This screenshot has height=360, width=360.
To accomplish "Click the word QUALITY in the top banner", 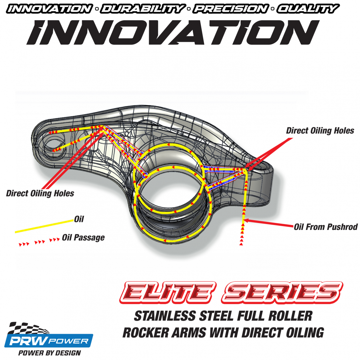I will click(307, 9).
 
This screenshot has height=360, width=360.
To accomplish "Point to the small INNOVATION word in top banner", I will click(49, 9).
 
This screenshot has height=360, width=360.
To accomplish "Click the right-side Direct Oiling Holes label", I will click(320, 130).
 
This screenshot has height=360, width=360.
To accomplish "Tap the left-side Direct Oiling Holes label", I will click(40, 193).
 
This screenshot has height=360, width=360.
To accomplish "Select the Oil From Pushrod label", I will click(325, 227).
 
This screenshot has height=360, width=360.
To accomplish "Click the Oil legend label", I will click(79, 219).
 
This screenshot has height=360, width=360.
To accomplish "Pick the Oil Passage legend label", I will click(83, 237).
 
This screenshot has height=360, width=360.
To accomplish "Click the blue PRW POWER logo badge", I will click(48, 341).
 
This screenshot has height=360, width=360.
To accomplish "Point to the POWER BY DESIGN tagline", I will click(49, 353).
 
